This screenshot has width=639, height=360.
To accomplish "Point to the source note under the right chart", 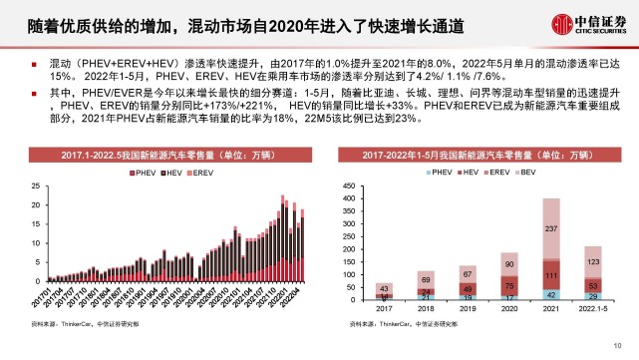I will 393,325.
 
